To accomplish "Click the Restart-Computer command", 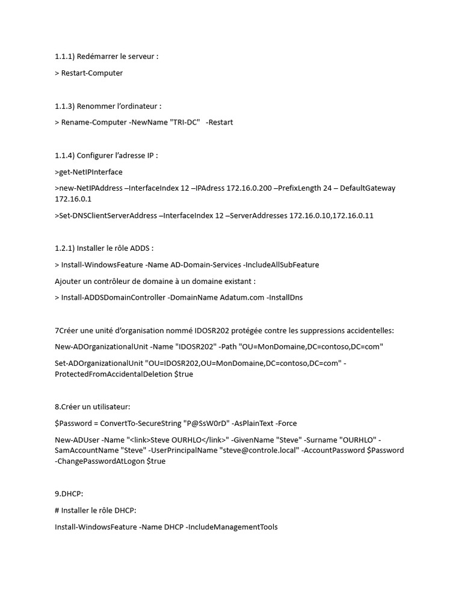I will (x=92, y=73).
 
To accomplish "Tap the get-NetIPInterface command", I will (x=88, y=172).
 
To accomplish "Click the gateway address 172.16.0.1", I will (x=73, y=199).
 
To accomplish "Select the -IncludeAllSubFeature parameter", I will (x=280, y=265).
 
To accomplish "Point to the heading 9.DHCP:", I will (x=69, y=494).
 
